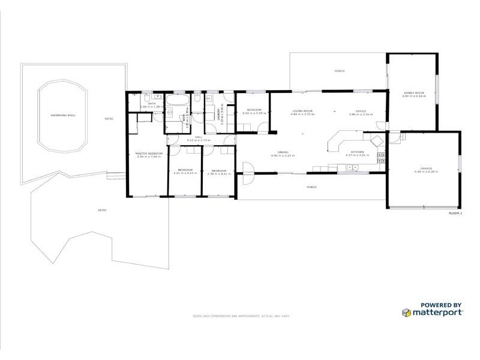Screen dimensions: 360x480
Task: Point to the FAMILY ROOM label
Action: pos(414,93)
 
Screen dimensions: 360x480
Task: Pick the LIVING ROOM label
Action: pos(303,111)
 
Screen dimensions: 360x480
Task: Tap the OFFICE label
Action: pos(361,111)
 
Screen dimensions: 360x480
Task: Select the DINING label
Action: pos(283,152)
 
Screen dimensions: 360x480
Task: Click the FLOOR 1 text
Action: pos(455,214)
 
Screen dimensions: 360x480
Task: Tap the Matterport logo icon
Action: pos(406,312)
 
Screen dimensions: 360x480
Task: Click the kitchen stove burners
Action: pos(379,157)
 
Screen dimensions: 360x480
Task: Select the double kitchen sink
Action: pos(346,167)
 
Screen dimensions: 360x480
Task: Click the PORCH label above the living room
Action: pos(340,71)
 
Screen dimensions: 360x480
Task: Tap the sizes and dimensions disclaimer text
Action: pos(241,316)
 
